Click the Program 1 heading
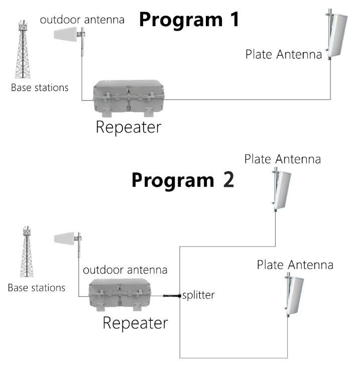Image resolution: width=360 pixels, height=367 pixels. point(189,20)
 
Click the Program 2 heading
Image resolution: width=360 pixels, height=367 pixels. point(183,180)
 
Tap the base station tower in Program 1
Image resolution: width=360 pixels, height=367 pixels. point(23,49)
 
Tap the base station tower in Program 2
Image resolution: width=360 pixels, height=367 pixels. point(27,252)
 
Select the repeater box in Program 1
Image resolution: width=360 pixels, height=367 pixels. point(129,98)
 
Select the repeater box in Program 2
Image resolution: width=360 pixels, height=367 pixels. point(119,295)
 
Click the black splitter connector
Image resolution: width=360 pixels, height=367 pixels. point(172,296)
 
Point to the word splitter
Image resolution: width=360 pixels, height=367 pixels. point(198,295)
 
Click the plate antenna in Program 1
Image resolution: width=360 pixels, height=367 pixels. point(336,35)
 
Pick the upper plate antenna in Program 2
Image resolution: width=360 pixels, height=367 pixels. point(281,189)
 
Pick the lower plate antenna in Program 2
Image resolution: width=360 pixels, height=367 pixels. point(294,295)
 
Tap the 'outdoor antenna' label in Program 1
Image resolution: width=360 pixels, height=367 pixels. point(82,20)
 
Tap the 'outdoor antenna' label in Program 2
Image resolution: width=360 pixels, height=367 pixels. point(125,270)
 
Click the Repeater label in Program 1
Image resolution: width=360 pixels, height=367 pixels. point(129,128)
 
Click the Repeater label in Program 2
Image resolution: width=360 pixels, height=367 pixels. point(135,323)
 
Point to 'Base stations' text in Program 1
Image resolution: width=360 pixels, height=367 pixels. point(40,88)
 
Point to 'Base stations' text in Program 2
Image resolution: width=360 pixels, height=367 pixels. point(37,288)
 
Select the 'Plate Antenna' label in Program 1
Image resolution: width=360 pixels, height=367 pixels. point(284,55)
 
